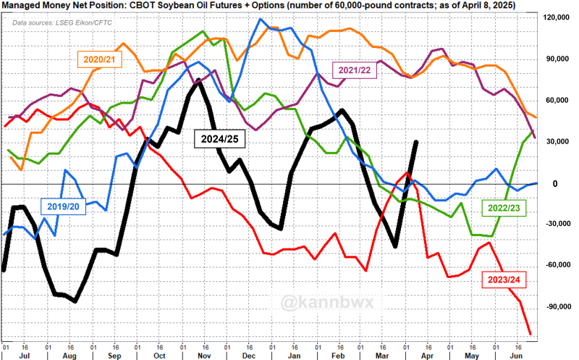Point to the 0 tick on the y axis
pyautogui.click(x=554, y=183)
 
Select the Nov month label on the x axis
pyautogui.click(x=203, y=356)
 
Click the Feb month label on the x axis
pyautogui.click(x=337, y=356)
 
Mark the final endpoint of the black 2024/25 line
pyautogui.click(x=416, y=142)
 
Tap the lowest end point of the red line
pyautogui.click(x=530, y=334)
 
